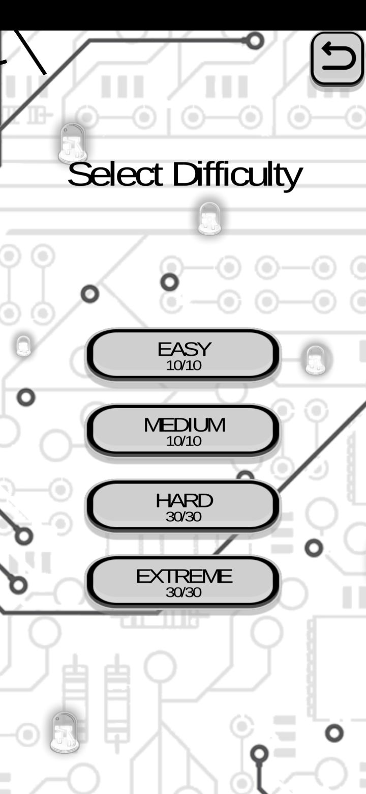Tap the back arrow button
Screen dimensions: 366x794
[x=338, y=59]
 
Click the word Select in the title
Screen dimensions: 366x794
[x=115, y=174]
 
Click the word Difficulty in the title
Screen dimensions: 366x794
[x=237, y=176]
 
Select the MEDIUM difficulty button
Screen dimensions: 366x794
[x=183, y=430]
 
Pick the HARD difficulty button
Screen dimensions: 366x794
[x=183, y=506]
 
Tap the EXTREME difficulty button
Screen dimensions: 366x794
[x=183, y=582]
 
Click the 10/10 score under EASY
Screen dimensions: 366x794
[x=184, y=365]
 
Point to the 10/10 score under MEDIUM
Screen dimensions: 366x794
[x=184, y=441]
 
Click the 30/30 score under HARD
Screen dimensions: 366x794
[x=184, y=517]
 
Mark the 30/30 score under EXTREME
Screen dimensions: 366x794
[x=184, y=592]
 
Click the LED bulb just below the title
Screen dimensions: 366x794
[x=209, y=218]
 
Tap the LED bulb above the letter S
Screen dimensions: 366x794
[x=73, y=143]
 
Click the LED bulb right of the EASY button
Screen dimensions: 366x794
[x=315, y=360]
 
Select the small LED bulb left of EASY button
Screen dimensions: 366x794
[x=24, y=346]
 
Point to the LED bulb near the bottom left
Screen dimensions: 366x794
[x=64, y=733]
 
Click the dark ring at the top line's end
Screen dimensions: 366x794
[x=255, y=41]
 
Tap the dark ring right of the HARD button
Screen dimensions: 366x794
[x=314, y=548]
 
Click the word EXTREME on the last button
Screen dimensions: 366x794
[x=185, y=577]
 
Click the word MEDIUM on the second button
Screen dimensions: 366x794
[x=185, y=426]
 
